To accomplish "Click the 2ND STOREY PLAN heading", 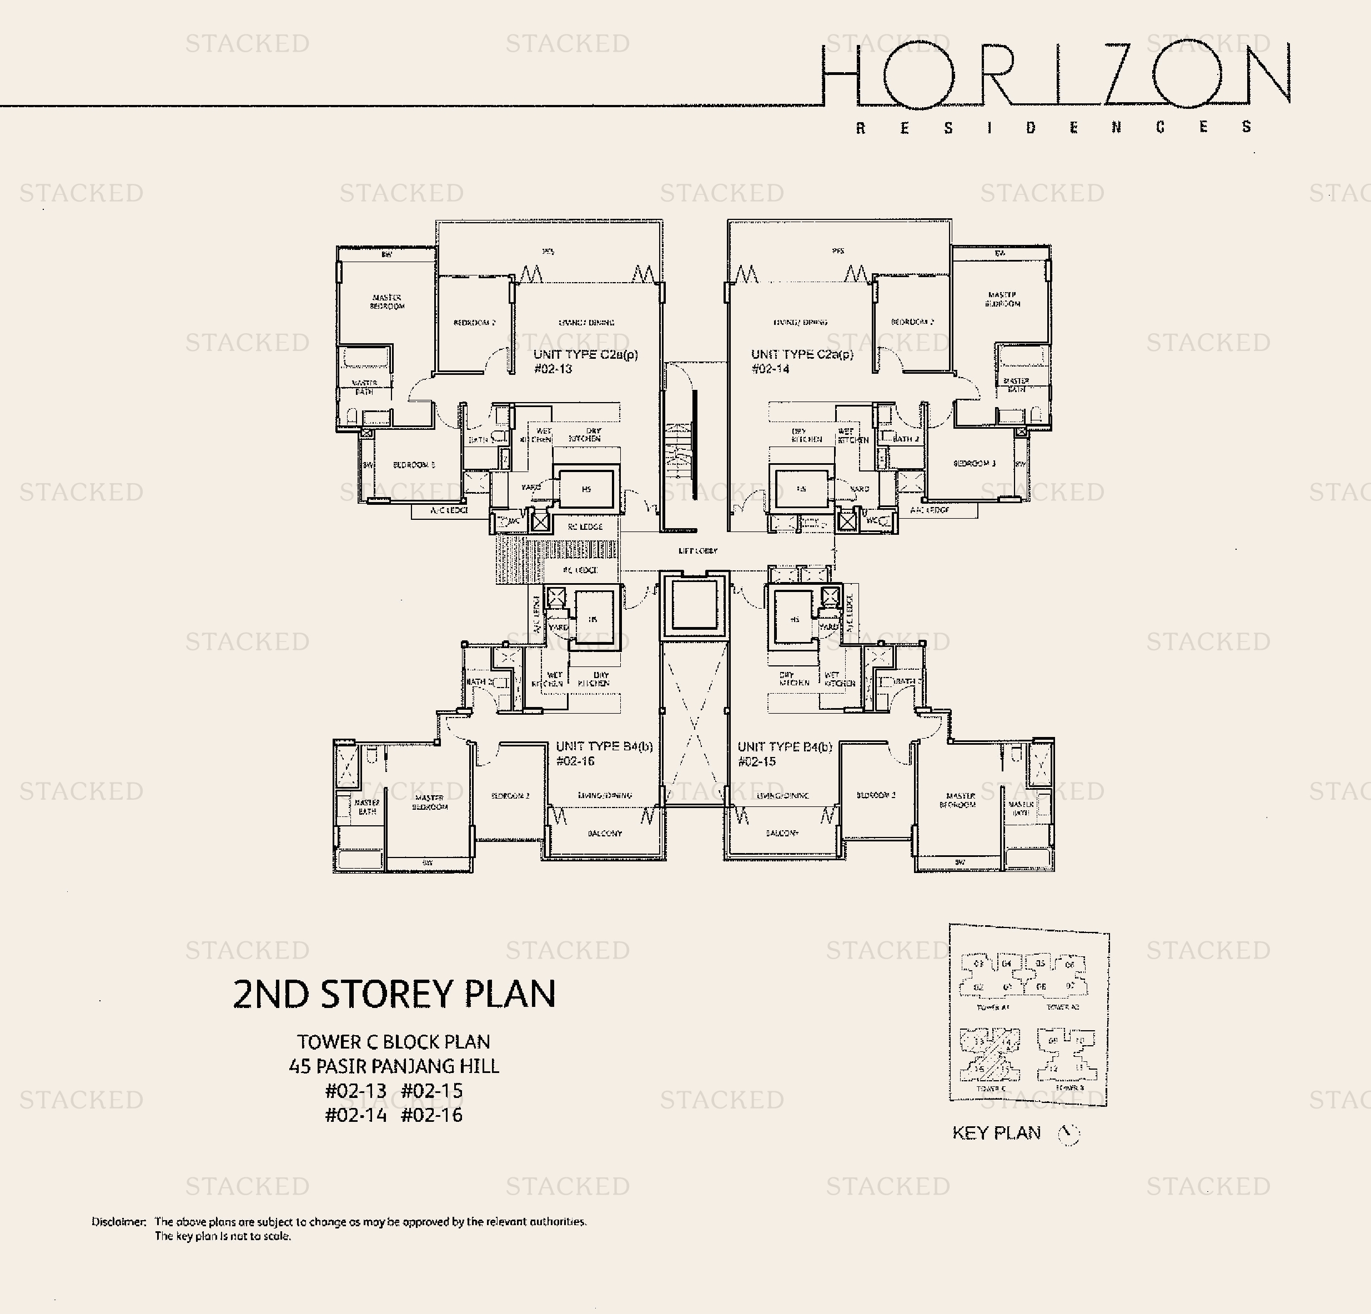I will [394, 994].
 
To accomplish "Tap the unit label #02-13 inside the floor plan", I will [553, 369].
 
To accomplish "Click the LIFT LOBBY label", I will [697, 551].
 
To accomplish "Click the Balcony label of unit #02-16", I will [604, 833].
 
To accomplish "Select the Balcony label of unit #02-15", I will [781, 833].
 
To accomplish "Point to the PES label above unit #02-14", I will [838, 250].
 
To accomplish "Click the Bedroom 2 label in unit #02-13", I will [474, 323].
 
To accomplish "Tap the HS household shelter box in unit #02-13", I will [586, 489].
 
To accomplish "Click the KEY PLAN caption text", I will [996, 1133].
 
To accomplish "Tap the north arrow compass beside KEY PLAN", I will [1068, 1134].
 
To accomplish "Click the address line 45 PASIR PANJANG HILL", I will [394, 1066].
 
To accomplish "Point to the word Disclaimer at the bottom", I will [118, 1222].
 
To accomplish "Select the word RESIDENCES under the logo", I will [1054, 127].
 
